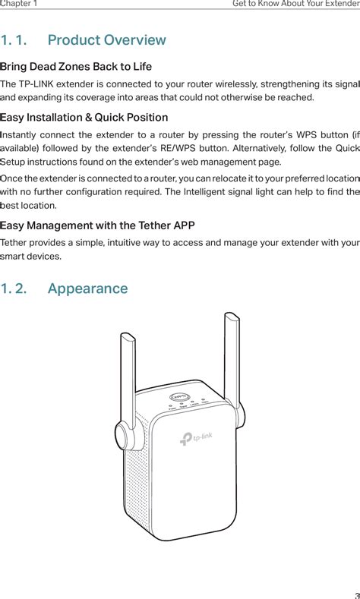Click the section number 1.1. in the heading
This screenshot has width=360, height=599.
pos(16,40)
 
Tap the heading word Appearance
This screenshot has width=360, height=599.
pos(87,288)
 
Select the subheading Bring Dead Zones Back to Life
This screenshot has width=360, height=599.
pos(76,67)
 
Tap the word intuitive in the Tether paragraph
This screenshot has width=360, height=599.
pos(125,242)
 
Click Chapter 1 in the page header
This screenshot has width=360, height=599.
pos(19,4)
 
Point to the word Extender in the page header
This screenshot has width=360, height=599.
pos(339,4)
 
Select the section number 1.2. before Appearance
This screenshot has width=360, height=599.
pos(16,288)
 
